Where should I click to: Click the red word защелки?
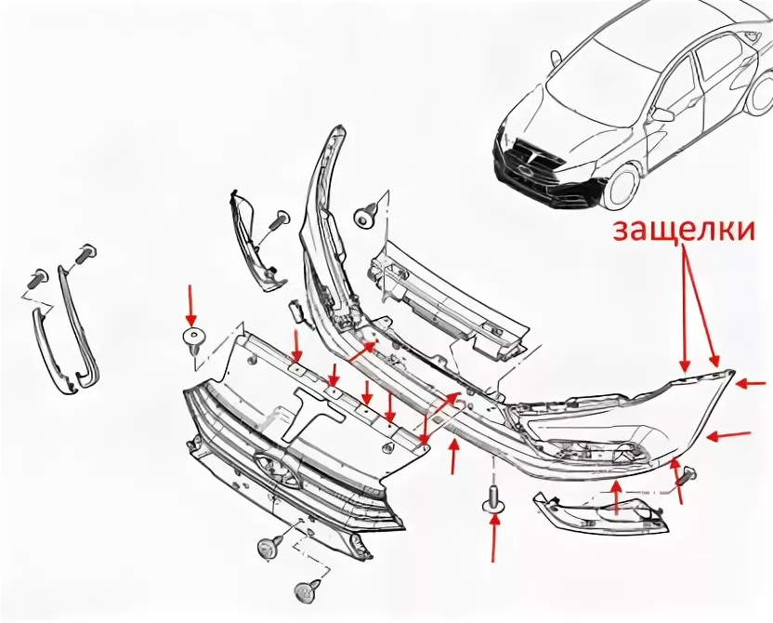(x=683, y=230)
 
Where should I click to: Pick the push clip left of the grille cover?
(x=194, y=340)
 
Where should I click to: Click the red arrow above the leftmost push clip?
(x=190, y=304)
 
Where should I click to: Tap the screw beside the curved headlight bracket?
(x=280, y=220)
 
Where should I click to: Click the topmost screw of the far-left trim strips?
(x=85, y=253)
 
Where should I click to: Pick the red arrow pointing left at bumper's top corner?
(x=751, y=383)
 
